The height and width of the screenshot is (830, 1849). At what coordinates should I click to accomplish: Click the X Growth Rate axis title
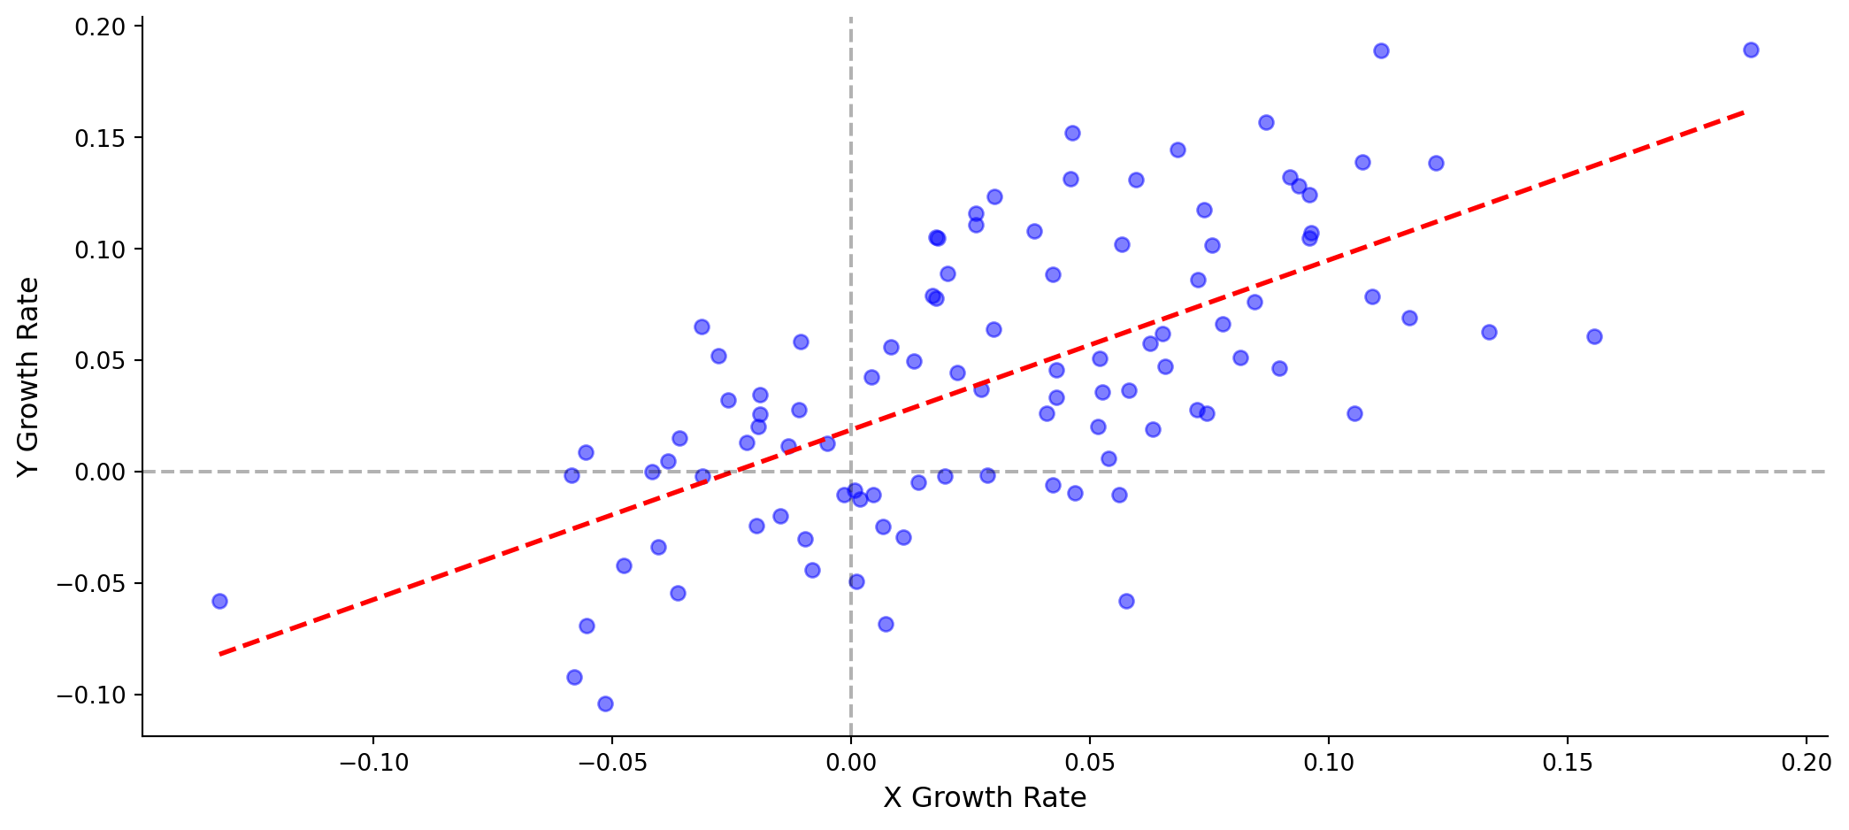pos(985,798)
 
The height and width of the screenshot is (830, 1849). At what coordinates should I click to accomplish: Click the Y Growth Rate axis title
pos(28,377)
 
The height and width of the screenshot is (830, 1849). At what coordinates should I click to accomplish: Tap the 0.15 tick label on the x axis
pos(1568,761)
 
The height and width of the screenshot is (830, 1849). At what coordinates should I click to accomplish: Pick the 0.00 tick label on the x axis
pos(850,761)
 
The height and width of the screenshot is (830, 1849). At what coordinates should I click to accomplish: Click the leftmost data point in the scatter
pos(219,602)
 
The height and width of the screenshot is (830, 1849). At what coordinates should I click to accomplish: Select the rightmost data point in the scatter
pos(1751,50)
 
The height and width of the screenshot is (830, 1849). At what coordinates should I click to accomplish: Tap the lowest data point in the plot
pos(605,704)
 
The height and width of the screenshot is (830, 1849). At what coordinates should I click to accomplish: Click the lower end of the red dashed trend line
pos(219,654)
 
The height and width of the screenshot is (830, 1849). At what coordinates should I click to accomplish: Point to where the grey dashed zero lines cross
pos(850,472)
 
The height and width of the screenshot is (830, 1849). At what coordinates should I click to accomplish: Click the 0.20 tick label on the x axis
pos(1805,761)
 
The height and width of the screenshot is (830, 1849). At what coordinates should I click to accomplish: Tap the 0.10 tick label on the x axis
pos(1329,761)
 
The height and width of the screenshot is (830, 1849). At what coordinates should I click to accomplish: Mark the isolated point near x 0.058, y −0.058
pos(1126,602)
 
